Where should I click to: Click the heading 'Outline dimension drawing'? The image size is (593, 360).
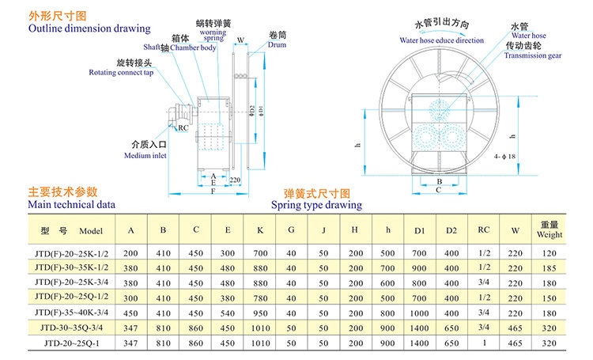tap(89, 28)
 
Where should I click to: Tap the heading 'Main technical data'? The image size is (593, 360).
tap(72, 204)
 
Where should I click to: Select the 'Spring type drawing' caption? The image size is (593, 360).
tap(317, 205)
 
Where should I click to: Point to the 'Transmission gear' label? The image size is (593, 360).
tap(533, 56)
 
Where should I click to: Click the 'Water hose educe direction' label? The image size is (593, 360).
tap(441, 40)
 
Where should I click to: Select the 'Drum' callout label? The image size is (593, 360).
tap(278, 46)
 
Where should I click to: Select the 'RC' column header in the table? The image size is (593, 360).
tap(483, 230)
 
